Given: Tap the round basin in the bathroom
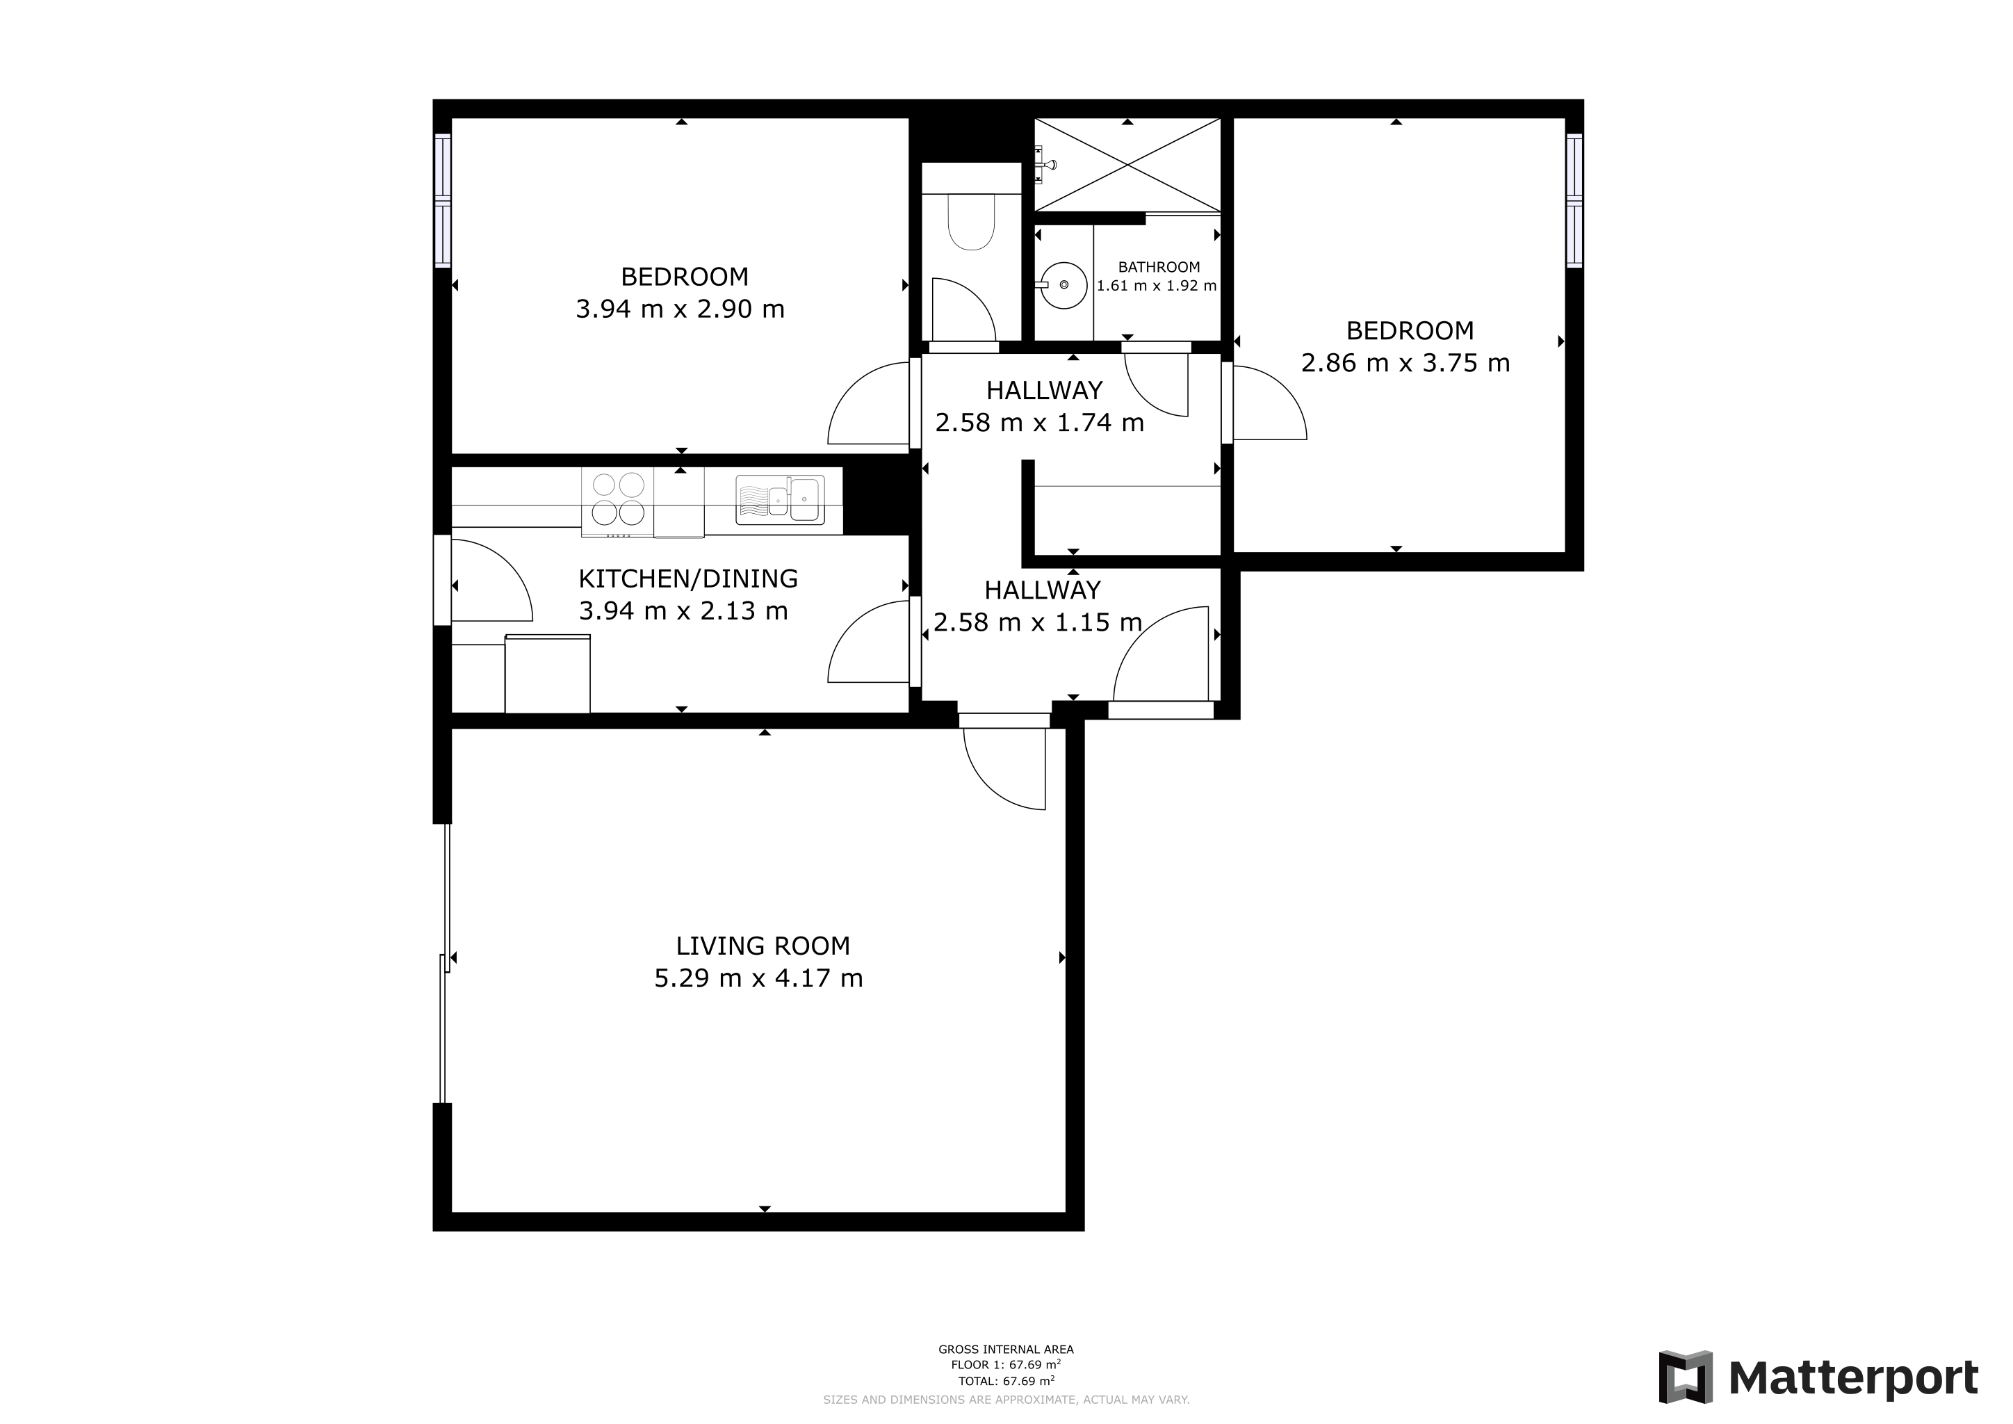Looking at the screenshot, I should (1064, 285).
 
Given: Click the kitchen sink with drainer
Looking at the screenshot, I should (779, 500).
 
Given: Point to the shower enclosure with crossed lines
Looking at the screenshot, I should (1127, 165).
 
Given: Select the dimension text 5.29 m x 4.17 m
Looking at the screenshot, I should (758, 978).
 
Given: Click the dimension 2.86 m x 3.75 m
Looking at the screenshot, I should (1405, 363).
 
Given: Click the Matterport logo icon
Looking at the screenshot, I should (1685, 1377).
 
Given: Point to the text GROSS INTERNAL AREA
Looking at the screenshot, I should (1006, 1350).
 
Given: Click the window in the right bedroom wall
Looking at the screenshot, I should (1574, 201).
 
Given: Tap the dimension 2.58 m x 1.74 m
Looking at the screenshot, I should (1039, 423).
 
